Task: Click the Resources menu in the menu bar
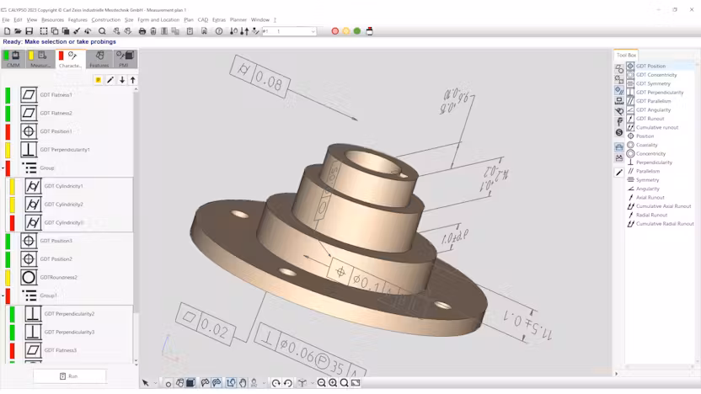point(52,19)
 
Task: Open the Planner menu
point(238,19)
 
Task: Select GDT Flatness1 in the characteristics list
point(56,95)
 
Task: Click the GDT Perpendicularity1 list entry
point(64,150)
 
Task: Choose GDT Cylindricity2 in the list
point(63,205)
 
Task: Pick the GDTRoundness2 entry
point(58,277)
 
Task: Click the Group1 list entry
point(49,295)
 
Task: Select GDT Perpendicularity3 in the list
point(69,332)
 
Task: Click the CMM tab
point(13,60)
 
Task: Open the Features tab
point(99,60)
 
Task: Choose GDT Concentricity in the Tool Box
point(656,75)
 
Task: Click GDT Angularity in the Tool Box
point(653,109)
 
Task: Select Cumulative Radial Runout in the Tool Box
point(664,224)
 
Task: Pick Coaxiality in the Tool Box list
point(646,145)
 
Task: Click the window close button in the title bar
point(691,9)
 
